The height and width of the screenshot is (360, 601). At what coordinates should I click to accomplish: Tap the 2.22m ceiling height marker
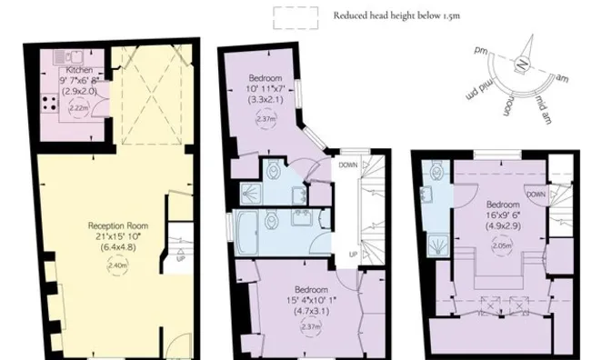(x=77, y=107)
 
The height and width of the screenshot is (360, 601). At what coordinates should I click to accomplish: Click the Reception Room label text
(x=112, y=225)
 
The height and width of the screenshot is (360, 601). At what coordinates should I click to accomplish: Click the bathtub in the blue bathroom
(x=248, y=231)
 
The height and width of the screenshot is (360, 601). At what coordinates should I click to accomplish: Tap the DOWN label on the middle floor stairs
(x=348, y=165)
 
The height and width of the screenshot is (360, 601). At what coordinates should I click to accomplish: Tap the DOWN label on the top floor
(x=536, y=195)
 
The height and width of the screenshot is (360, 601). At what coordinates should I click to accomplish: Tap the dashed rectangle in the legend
(x=296, y=15)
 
